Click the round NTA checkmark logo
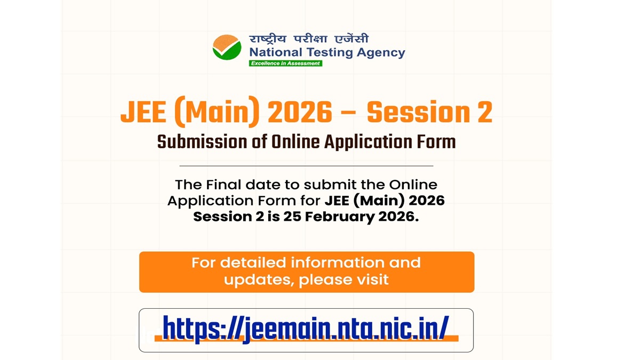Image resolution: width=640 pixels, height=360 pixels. (x=227, y=47)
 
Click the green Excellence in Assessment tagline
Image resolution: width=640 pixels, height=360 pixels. (x=285, y=63)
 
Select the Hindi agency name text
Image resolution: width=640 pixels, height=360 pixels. (x=309, y=39)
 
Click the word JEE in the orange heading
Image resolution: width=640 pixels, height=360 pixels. (x=143, y=112)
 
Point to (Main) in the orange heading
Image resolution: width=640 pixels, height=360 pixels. (x=217, y=111)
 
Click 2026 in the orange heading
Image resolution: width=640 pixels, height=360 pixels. (x=300, y=112)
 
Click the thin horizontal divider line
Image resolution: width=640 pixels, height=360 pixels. (x=306, y=166)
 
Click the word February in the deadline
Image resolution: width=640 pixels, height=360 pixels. (x=340, y=217)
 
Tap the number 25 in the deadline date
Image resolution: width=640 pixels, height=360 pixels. (x=292, y=217)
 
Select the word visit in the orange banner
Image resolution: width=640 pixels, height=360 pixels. (x=374, y=279)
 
